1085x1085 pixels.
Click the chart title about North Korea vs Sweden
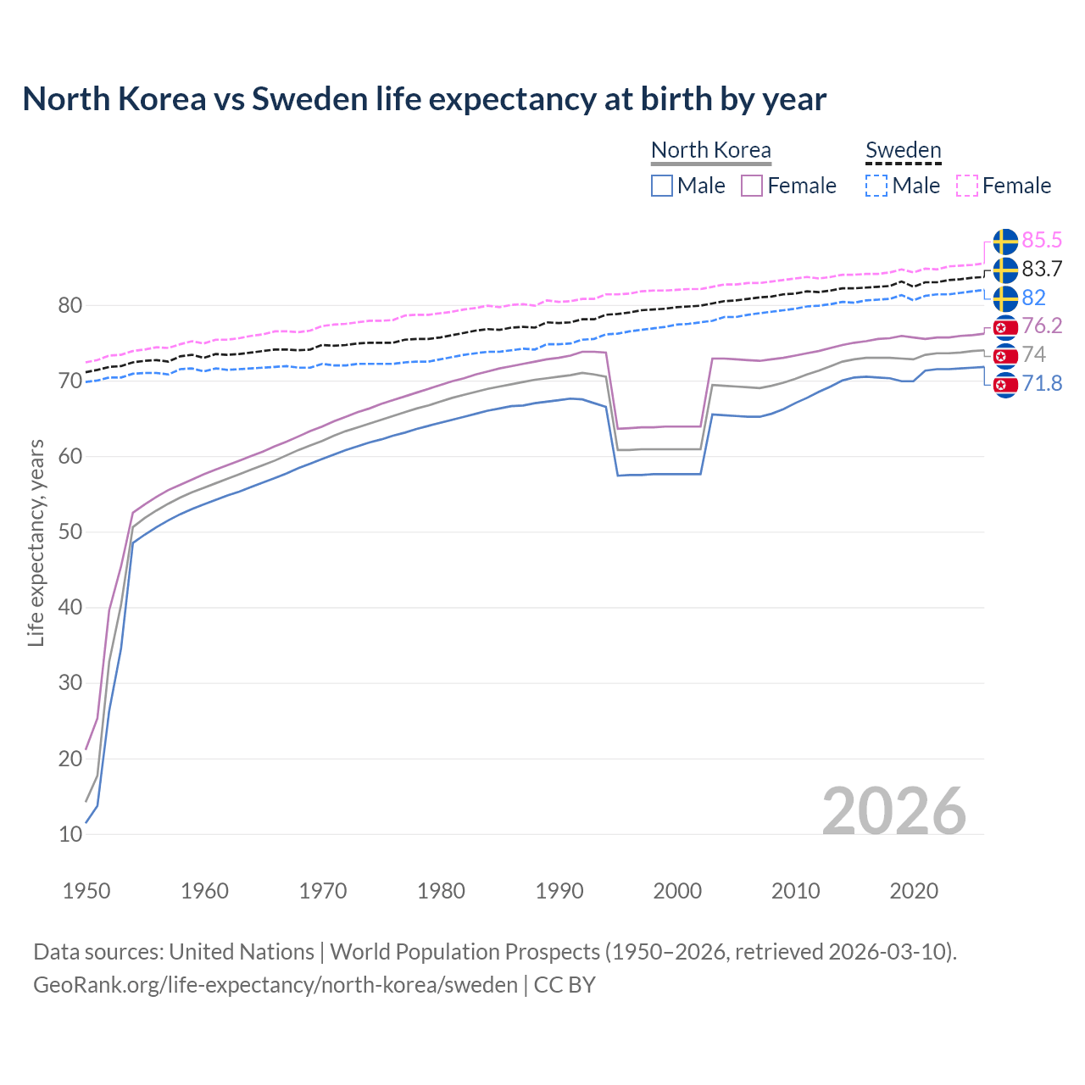pos(424,99)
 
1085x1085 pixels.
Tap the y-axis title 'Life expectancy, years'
pos(36,542)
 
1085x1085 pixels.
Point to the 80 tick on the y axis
pos(70,305)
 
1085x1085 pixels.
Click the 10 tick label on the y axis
pos(70,834)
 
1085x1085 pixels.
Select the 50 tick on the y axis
pos(70,532)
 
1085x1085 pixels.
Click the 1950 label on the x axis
pos(86,891)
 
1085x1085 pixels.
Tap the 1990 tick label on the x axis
pos(559,891)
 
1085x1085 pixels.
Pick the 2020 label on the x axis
pos(914,891)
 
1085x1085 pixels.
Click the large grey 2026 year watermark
pos(893,811)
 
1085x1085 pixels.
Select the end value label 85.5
pos(1042,241)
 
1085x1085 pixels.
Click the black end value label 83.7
pos(1042,270)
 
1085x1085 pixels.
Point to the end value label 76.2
pos(1042,326)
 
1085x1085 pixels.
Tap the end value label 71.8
pos(1042,384)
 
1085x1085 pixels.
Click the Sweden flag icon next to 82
pos(1005,298)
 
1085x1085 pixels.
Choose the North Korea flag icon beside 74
pos(1005,355)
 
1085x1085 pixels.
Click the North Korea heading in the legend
pos(711,150)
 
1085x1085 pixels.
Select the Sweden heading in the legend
pos(903,150)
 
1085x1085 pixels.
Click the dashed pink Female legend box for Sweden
pos(967,186)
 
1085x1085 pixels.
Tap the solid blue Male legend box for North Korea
pos(662,186)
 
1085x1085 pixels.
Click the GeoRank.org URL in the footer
pos(275,985)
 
